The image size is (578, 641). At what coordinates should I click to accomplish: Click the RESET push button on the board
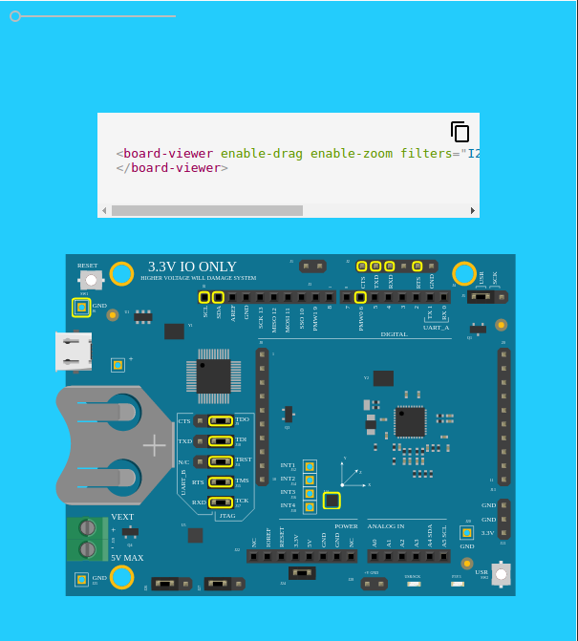pos(90,279)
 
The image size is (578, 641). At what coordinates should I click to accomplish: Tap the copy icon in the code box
pos(460,132)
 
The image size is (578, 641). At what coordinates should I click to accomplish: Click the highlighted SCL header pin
pos(204,297)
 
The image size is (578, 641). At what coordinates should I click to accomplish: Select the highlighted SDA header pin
pos(218,297)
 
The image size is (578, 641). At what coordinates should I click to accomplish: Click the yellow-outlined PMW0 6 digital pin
pos(360,297)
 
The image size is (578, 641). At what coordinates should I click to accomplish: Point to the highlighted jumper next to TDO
pos(221,420)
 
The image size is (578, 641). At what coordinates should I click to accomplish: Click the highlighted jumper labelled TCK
pos(221,502)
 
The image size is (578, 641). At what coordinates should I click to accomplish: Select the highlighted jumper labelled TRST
pos(221,461)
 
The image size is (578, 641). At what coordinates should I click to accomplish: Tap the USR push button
pos(500,573)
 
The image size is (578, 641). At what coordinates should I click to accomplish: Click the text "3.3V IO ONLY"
pos(192,267)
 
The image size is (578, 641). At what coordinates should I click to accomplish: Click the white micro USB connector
pos(73,352)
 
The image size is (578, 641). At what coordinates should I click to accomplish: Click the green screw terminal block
pos(87,538)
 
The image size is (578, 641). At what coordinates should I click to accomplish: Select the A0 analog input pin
pos(375,555)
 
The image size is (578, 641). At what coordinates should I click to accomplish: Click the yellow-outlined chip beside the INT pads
pos(332,500)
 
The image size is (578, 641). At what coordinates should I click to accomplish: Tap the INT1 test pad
pos(309,466)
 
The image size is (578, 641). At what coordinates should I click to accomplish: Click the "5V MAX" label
pos(127,558)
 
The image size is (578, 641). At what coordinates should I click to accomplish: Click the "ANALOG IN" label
pos(386,526)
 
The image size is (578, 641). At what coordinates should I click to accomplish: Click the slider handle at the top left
pos(15,16)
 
